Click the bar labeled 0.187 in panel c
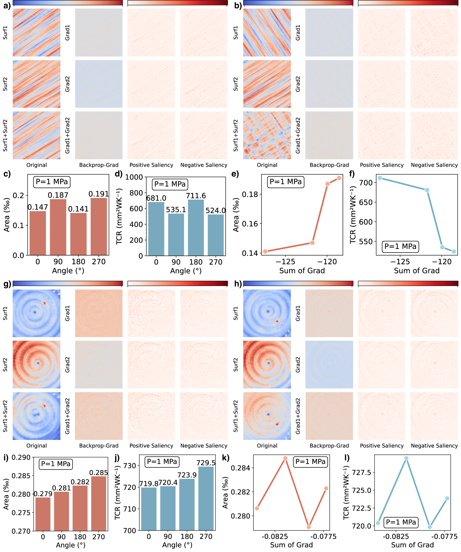click(58, 227)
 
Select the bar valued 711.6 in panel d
click(196, 228)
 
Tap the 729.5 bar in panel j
click(206, 499)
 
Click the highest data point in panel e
click(339, 178)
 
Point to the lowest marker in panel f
click(454, 252)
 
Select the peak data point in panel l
click(406, 458)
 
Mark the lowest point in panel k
click(309, 527)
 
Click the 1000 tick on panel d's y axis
click(134, 177)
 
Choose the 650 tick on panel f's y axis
click(366, 202)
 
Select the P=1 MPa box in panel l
click(401, 522)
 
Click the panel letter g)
click(7, 284)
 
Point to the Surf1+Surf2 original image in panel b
click(267, 135)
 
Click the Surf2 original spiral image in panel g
click(36, 365)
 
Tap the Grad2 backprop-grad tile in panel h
click(329, 365)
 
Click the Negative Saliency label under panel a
click(204, 165)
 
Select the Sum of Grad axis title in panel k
click(291, 545)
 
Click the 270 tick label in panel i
click(98, 537)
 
